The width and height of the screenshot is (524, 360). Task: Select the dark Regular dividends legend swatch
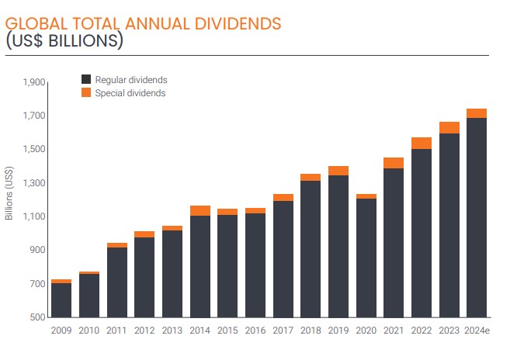(x=86, y=79)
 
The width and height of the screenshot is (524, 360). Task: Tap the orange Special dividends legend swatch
(x=86, y=93)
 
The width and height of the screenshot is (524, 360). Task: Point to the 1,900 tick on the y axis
(x=34, y=82)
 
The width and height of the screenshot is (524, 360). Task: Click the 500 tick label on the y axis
(x=37, y=317)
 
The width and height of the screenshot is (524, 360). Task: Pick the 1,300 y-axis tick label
(x=34, y=183)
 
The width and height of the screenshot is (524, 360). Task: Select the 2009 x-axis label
(x=61, y=329)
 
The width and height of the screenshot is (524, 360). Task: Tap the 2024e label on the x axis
(x=477, y=329)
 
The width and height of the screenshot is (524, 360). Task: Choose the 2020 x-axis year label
(x=366, y=329)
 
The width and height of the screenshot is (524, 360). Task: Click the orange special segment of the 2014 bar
(x=200, y=210)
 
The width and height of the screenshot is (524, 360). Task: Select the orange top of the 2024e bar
(x=477, y=113)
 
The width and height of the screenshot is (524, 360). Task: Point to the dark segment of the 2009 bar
(x=61, y=299)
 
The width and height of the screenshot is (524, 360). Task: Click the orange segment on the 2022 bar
(x=422, y=143)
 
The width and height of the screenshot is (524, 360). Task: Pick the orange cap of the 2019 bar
(x=338, y=171)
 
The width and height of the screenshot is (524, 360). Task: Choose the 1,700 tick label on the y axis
(x=34, y=116)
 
